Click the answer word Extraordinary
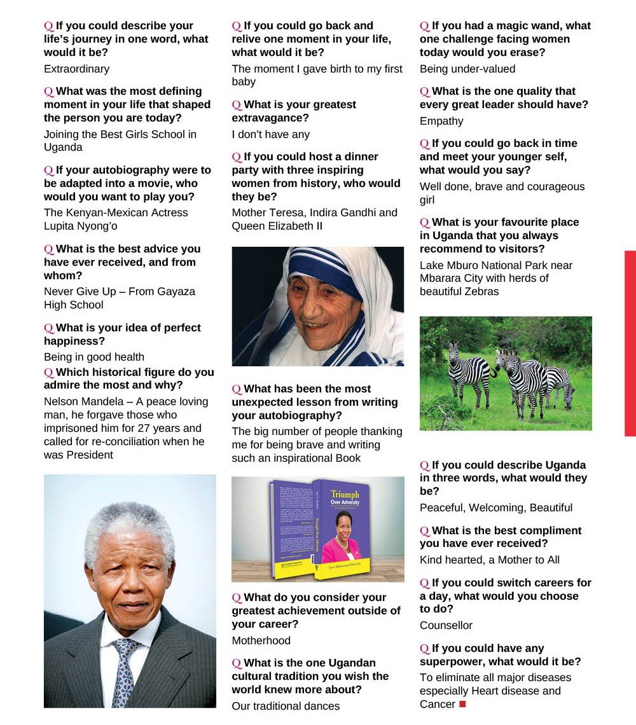click(76, 69)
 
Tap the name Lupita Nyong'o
click(81, 226)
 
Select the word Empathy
click(441, 121)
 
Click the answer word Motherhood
click(261, 640)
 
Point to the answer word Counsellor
click(446, 625)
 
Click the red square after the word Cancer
click(462, 704)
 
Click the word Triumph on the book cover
click(344, 494)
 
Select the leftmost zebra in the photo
click(469, 373)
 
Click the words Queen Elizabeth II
click(273, 226)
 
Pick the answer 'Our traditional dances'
click(286, 706)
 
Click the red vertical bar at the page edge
click(630, 343)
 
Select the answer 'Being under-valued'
click(467, 69)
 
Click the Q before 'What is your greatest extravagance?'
click(237, 104)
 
